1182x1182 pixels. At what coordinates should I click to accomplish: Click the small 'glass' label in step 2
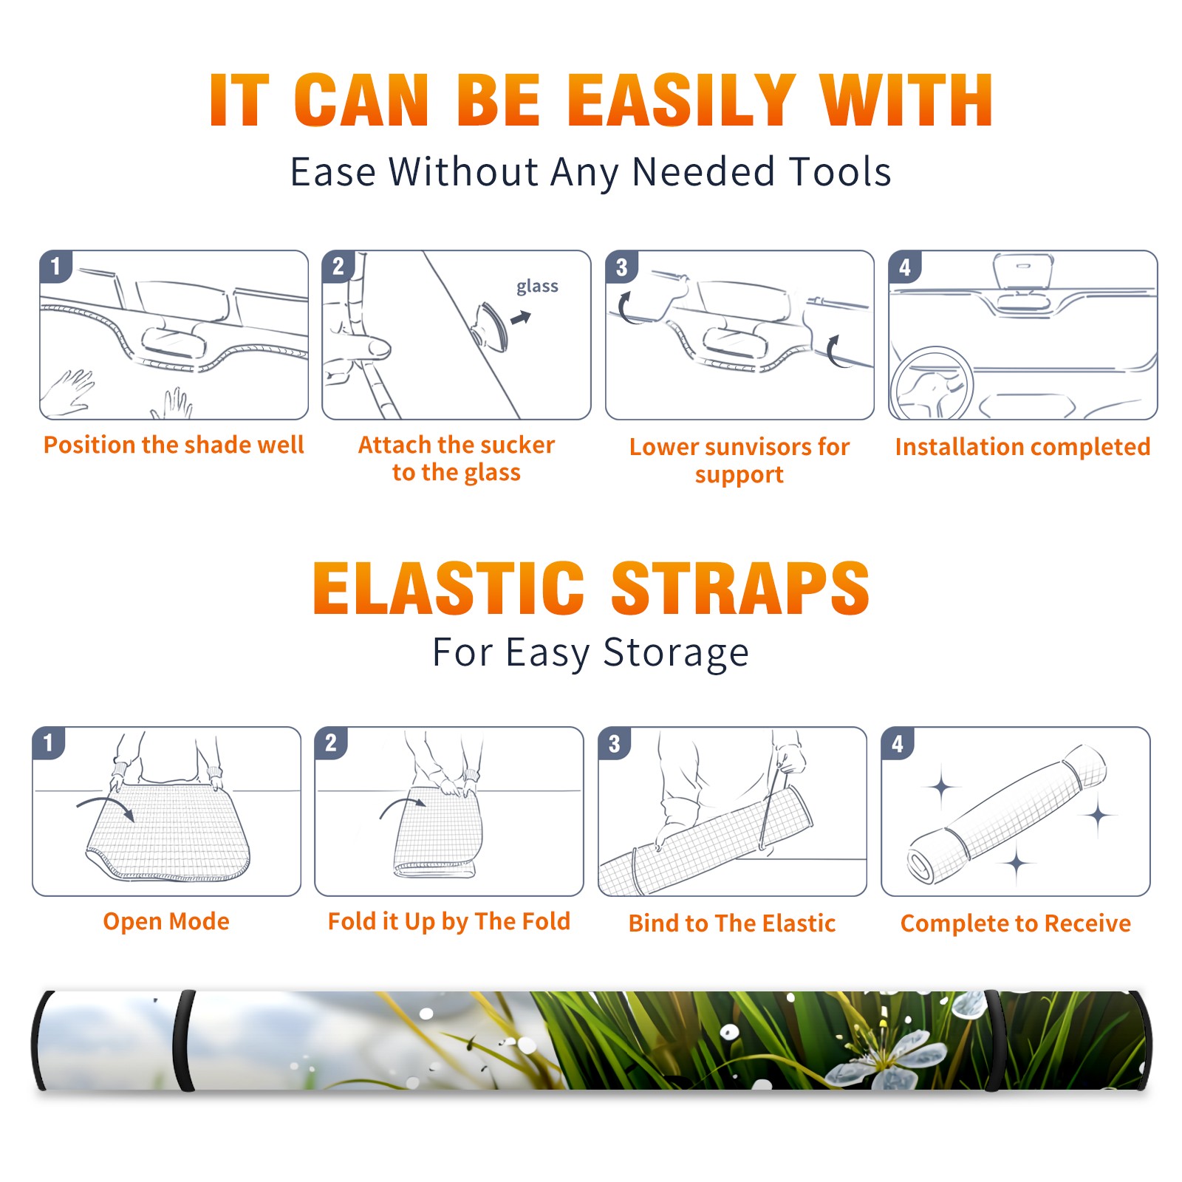tap(537, 287)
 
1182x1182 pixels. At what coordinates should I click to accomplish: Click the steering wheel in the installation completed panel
tap(932, 383)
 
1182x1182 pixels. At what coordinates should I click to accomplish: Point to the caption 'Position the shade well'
tap(174, 445)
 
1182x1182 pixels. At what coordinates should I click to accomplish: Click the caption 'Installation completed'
tap(1022, 447)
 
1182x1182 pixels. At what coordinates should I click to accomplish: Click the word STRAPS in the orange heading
tap(740, 588)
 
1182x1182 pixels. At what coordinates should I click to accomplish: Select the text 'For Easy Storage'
tap(591, 653)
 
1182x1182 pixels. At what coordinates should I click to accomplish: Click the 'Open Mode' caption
tap(166, 922)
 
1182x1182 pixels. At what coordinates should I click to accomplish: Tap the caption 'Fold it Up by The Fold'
tap(449, 922)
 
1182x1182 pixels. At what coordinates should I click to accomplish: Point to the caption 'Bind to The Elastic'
tap(732, 923)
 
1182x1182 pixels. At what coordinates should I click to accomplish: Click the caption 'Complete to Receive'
tap(1016, 923)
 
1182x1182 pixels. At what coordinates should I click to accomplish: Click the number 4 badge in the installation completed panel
tap(905, 267)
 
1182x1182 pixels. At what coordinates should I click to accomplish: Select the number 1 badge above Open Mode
tap(49, 742)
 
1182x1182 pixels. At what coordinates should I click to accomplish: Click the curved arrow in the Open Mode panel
tap(106, 804)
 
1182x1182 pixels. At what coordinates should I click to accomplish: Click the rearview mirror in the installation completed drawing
tap(1023, 271)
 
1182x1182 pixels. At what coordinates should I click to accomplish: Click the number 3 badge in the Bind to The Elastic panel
tap(615, 743)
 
